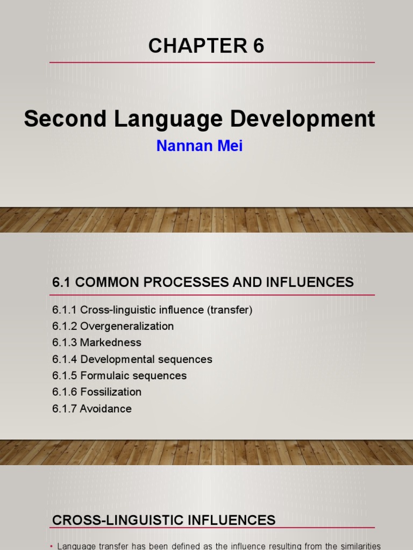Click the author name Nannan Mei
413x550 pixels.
point(199,146)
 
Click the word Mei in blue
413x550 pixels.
point(231,146)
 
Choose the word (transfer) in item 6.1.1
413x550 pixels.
point(230,310)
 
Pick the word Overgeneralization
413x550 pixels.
point(127,327)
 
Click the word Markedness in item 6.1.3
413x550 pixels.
point(111,343)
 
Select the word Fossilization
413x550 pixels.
point(111,392)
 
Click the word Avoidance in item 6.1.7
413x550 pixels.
point(106,409)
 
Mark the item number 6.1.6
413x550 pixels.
point(65,392)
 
